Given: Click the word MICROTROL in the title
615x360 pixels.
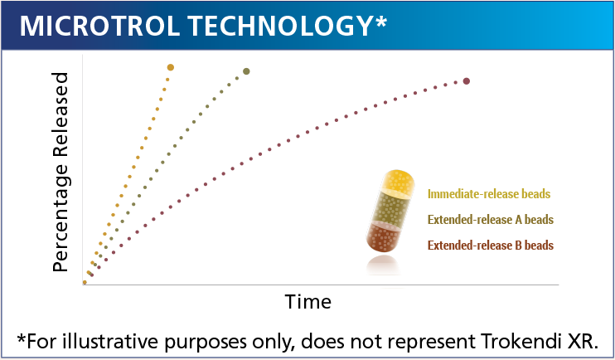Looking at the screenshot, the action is pos(99,26).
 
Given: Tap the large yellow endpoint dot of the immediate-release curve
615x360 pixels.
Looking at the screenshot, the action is pos(170,67).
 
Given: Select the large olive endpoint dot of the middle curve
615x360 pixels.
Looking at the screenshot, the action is pos(246,71).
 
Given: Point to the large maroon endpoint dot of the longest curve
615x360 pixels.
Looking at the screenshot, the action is pos(467,81).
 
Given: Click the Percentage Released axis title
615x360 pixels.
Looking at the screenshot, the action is pos(61,172).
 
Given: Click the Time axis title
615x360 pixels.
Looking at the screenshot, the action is pos(308,302).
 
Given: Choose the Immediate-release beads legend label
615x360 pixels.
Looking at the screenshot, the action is pos(489,194).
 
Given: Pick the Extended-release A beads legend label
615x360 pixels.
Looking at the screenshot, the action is pos(491,220).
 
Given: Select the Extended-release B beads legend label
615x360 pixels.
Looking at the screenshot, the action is pos(491,246).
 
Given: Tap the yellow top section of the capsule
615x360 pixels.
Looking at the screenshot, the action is pos(398,183).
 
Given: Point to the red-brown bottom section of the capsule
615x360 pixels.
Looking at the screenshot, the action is pos(384,236).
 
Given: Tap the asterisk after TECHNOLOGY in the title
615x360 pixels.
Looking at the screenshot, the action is pos(380,22).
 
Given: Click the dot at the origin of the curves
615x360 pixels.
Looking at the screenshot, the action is pos(85,282).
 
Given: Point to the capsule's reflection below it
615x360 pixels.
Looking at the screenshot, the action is pos(383,265).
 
